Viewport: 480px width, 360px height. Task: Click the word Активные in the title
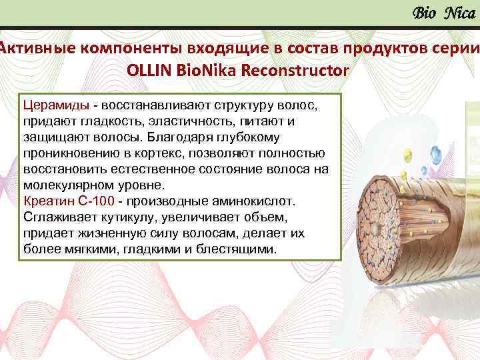pos(37,47)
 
